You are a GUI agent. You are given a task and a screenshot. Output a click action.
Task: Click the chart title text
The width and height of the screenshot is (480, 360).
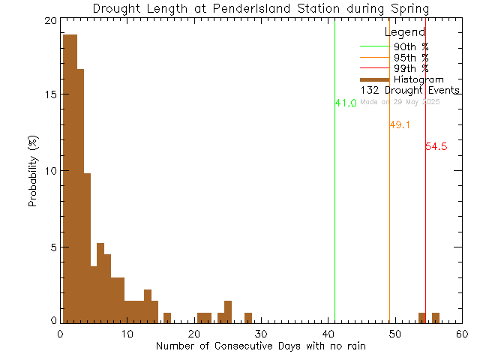tap(260, 9)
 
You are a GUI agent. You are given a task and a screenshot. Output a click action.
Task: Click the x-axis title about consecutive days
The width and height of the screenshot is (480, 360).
tap(260, 346)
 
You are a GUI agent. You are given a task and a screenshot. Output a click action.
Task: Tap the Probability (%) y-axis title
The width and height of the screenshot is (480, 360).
tap(34, 172)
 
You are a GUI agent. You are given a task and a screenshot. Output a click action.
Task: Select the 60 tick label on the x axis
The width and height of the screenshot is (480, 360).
tap(461, 334)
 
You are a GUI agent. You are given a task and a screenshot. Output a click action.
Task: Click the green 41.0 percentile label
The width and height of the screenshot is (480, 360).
tap(346, 103)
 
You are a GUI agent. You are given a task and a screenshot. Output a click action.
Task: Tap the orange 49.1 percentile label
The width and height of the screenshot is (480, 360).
tap(400, 125)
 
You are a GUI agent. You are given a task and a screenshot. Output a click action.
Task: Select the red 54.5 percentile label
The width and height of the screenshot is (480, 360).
tap(436, 147)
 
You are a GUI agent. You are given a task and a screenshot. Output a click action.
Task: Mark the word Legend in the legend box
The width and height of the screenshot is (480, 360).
tap(405, 32)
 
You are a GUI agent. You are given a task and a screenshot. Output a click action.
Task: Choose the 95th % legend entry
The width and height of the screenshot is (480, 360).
tap(412, 58)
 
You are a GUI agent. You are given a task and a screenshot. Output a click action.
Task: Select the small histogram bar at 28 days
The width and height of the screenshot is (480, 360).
tap(248, 317)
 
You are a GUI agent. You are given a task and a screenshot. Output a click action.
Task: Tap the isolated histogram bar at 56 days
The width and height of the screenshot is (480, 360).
tap(436, 317)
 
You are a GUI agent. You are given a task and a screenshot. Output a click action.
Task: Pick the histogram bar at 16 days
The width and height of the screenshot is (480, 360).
tap(167, 317)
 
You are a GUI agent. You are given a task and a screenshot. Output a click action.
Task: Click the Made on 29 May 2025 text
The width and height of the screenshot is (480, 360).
tap(405, 101)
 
